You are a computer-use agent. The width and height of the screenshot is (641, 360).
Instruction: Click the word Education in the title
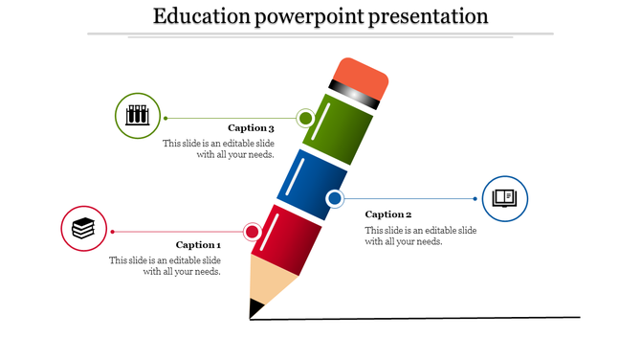[200, 16]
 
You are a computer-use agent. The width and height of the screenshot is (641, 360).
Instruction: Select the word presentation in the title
[425, 16]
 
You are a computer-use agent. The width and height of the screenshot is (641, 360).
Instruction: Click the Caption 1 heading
[198, 244]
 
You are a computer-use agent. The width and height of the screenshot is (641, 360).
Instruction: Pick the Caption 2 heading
[388, 214]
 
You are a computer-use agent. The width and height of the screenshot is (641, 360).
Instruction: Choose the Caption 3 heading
[252, 127]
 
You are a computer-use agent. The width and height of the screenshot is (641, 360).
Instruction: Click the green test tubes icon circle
[138, 116]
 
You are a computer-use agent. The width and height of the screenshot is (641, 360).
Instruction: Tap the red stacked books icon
[84, 230]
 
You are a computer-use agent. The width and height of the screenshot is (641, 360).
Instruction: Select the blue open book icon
[504, 198]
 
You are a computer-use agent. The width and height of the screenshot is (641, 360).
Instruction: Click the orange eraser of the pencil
[363, 77]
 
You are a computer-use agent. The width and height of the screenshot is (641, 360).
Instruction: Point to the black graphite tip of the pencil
[255, 308]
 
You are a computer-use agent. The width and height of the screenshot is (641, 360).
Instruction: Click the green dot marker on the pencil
[305, 119]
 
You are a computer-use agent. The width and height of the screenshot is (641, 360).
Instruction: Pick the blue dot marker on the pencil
[335, 199]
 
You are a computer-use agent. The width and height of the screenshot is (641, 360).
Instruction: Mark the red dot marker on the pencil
[253, 232]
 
